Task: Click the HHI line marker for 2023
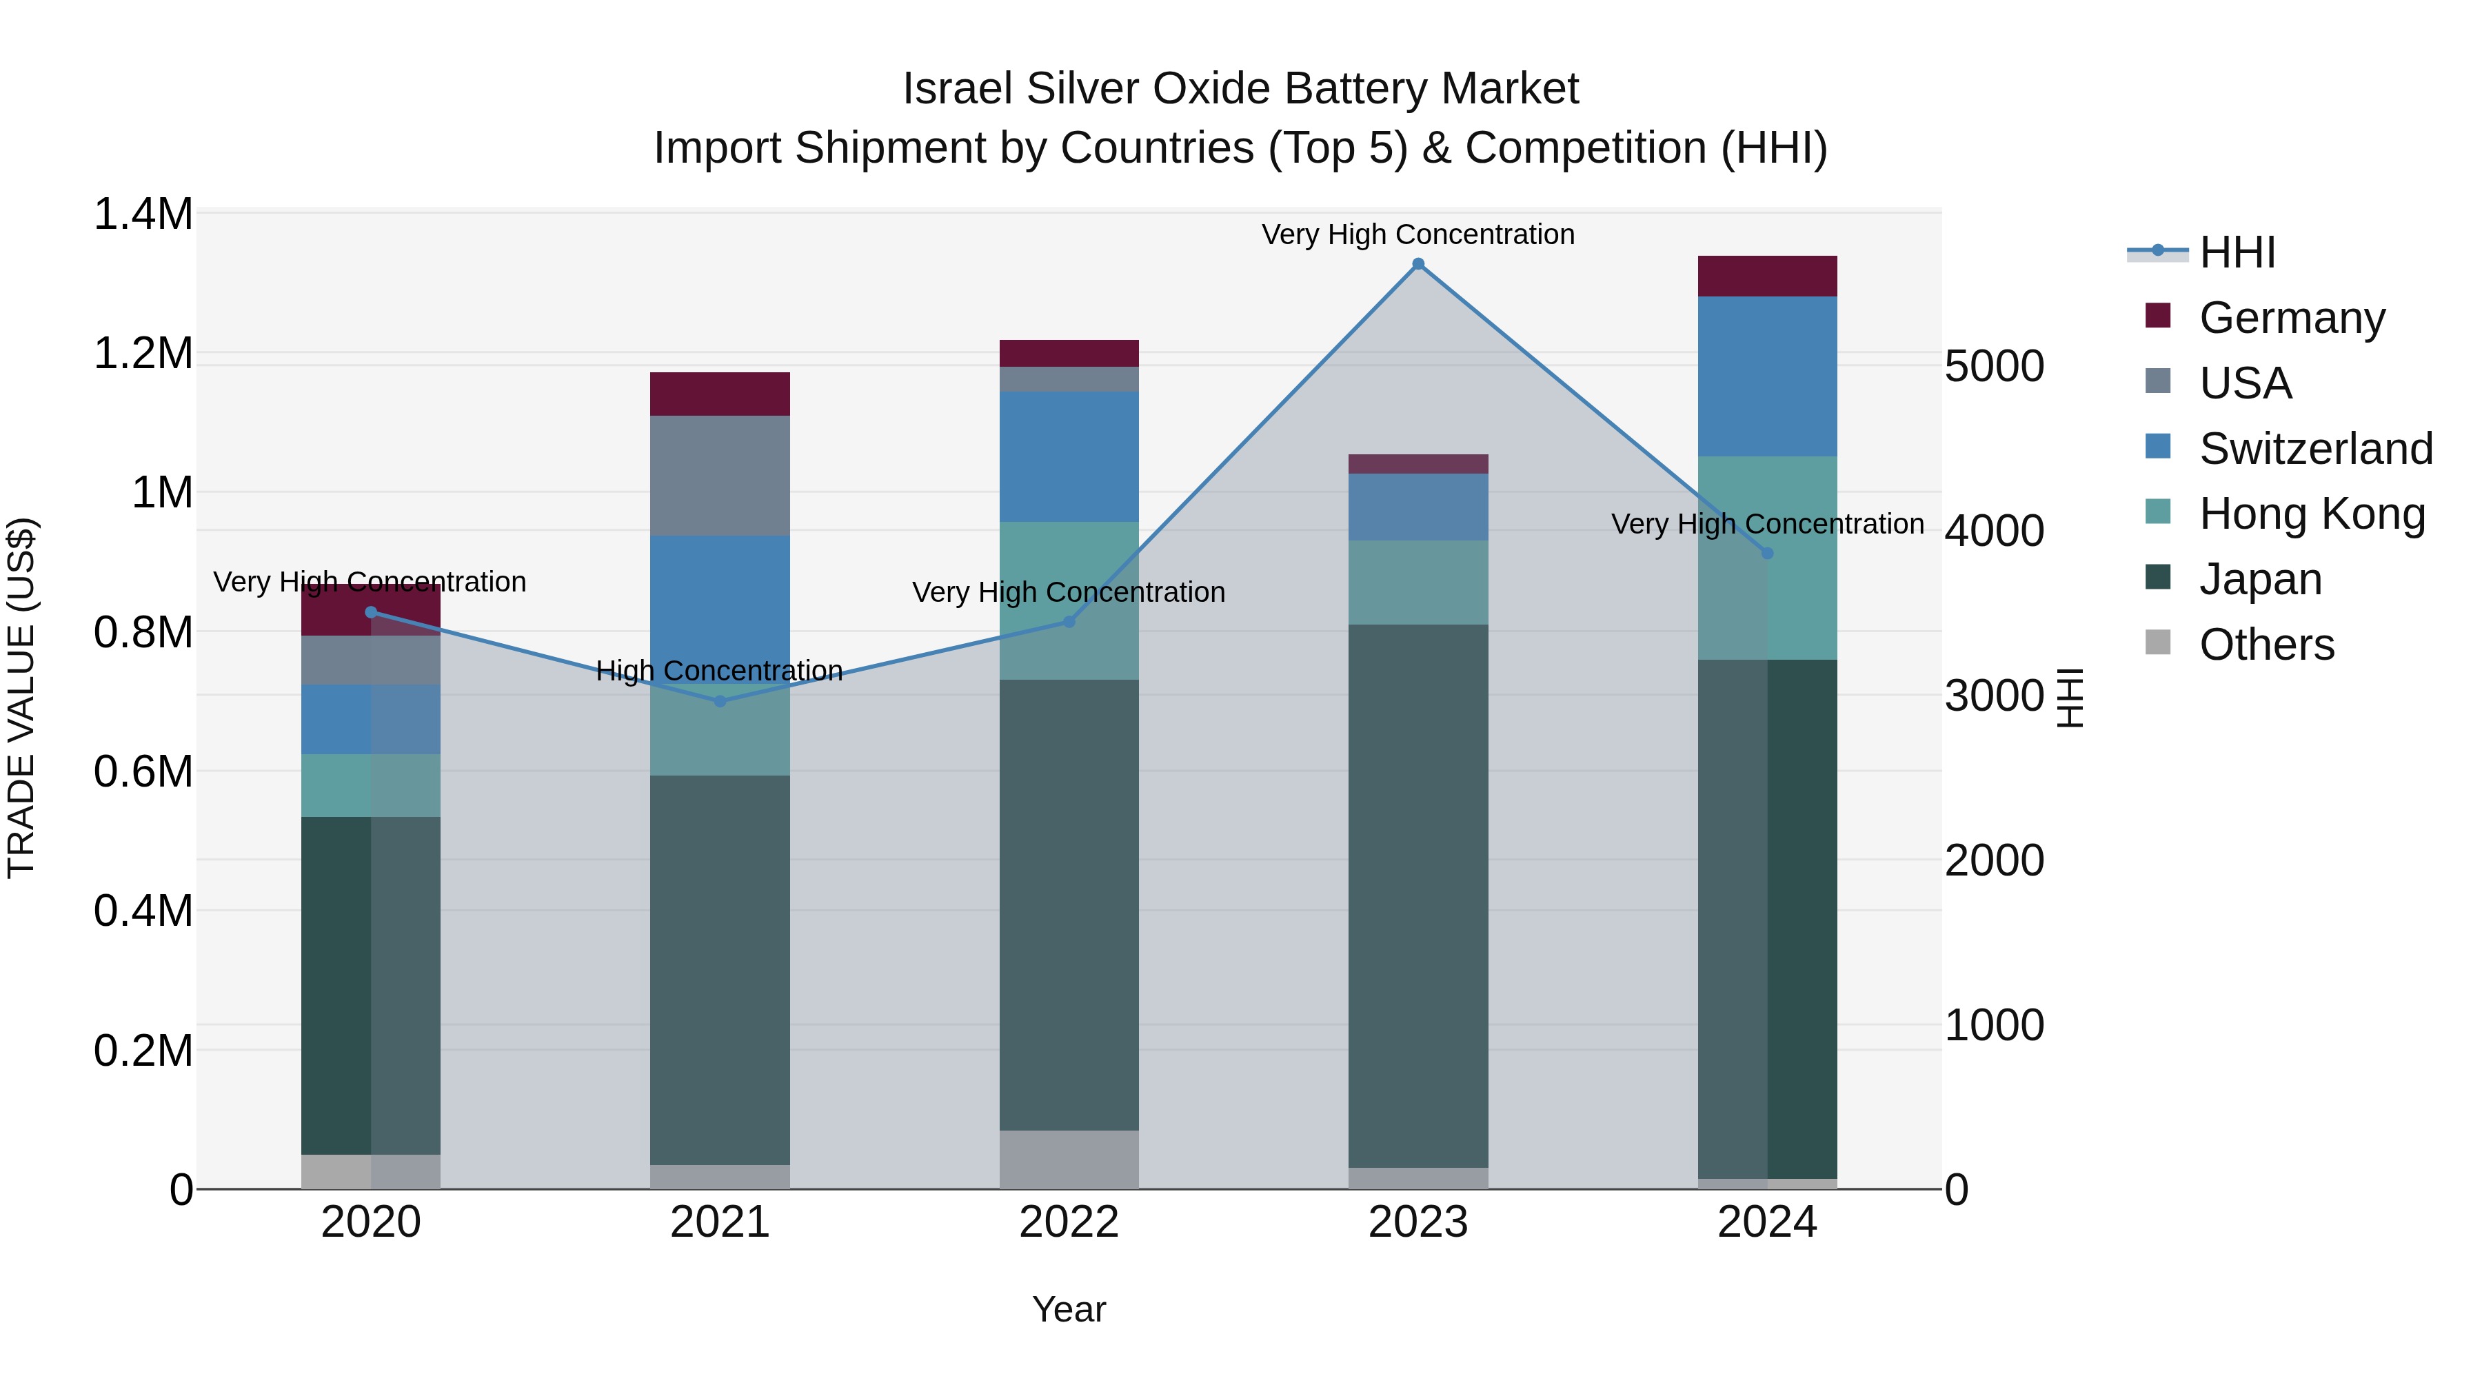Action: [1417, 264]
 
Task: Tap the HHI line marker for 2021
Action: [720, 700]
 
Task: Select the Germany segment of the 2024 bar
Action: [1766, 276]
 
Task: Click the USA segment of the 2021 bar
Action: [720, 475]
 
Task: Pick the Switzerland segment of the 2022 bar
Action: [1069, 456]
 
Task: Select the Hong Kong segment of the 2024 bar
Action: [1766, 557]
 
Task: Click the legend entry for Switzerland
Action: [2314, 449]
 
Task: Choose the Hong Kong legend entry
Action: [2312, 514]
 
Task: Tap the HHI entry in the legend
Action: [2235, 252]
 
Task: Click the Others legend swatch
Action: [2158, 643]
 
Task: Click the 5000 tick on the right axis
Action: [1993, 366]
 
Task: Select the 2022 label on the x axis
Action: [1069, 1222]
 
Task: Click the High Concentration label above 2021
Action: [719, 671]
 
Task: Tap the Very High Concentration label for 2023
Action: [1417, 234]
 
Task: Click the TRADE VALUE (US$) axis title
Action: [21, 698]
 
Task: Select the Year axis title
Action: [1069, 1309]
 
